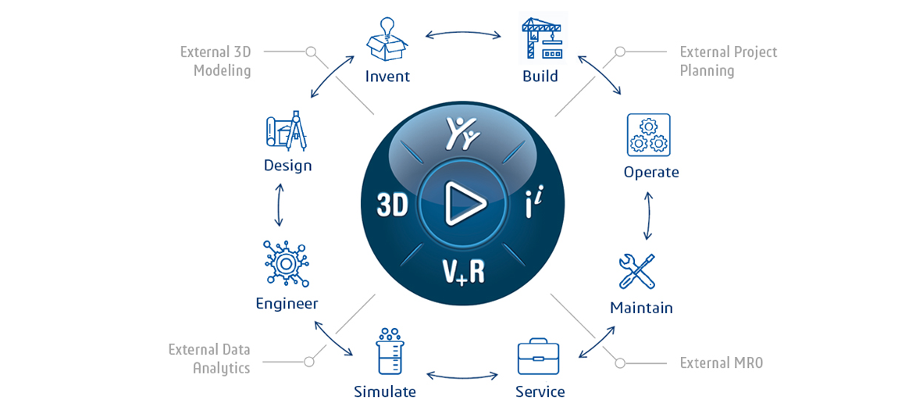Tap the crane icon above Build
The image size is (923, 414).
(x=542, y=39)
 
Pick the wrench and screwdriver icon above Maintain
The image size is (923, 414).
(x=637, y=271)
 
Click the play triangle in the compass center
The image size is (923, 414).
(x=465, y=204)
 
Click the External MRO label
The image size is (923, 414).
(x=721, y=362)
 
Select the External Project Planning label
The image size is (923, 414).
(x=729, y=61)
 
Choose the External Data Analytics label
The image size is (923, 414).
(x=209, y=359)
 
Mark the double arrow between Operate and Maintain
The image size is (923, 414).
(x=648, y=215)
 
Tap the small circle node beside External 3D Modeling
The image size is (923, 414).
(x=312, y=52)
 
